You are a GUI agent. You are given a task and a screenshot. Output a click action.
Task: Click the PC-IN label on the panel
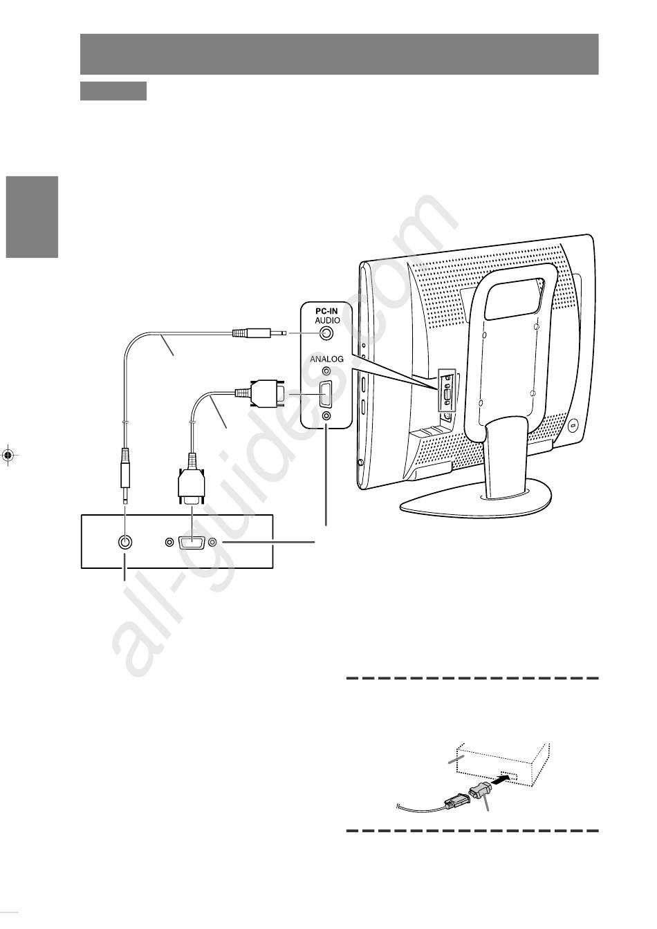pyautogui.click(x=326, y=312)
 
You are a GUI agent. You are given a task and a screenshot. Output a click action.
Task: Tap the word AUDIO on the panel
pyautogui.click(x=327, y=320)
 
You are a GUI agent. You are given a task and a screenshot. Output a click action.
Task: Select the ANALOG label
pyautogui.click(x=326, y=359)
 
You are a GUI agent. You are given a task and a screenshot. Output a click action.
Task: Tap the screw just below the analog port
pyautogui.click(x=326, y=415)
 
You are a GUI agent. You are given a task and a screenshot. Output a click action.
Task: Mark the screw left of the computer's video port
pyautogui.click(x=169, y=542)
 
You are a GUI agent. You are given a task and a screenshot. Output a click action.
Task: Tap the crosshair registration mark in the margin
pyautogui.click(x=8, y=455)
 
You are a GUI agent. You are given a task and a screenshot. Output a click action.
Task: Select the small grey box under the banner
pyautogui.click(x=113, y=91)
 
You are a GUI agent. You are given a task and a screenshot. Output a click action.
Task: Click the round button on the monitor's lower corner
pyautogui.click(x=573, y=426)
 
